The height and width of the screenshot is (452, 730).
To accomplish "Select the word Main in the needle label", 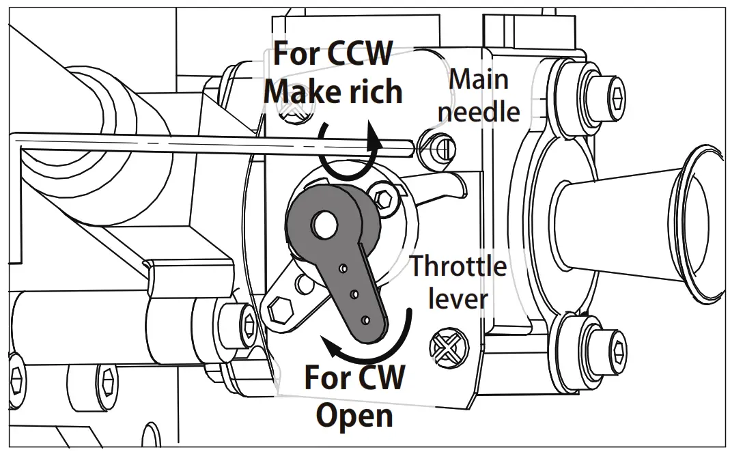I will pyautogui.click(x=478, y=79).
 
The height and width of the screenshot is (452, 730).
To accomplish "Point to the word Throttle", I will pyautogui.click(x=458, y=266).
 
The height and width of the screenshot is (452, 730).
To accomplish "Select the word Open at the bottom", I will pyautogui.click(x=356, y=414).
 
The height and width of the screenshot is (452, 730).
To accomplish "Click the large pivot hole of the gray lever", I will pyautogui.click(x=324, y=223).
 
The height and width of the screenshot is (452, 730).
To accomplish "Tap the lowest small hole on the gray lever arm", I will pyautogui.click(x=367, y=319).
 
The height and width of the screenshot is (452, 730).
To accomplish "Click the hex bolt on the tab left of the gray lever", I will pyautogui.click(x=279, y=311).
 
